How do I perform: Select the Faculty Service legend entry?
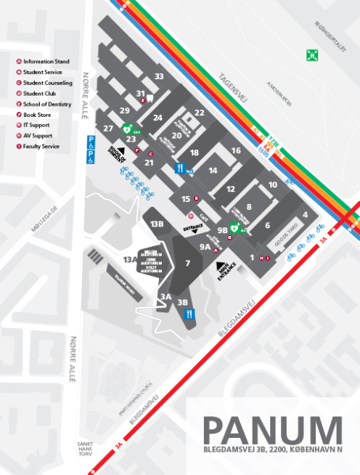[40, 147]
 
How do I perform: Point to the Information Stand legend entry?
[44, 62]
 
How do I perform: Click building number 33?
[159, 76]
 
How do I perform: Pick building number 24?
[157, 118]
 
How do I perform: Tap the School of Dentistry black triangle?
[122, 150]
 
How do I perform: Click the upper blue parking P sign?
[91, 138]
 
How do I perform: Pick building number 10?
[272, 185]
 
